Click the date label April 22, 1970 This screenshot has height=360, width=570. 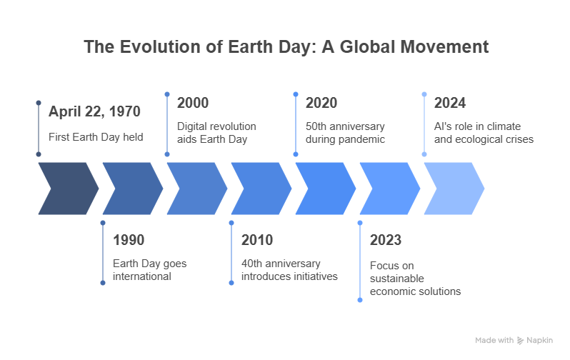click(x=94, y=111)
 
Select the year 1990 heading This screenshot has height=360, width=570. click(x=129, y=240)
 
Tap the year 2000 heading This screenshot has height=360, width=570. click(x=193, y=103)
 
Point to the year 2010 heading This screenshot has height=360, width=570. click(x=257, y=240)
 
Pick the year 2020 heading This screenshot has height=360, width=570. click(x=321, y=103)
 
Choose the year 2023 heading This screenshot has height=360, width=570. click(x=386, y=240)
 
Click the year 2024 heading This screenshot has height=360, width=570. click(x=450, y=103)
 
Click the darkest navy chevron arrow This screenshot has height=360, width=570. click(x=69, y=189)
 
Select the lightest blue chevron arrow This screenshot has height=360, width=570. click(x=454, y=189)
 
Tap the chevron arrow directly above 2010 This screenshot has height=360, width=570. click(x=261, y=189)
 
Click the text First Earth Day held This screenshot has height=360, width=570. click(x=96, y=137)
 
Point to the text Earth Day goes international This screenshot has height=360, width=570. click(x=150, y=270)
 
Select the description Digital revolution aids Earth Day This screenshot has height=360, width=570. click(x=216, y=133)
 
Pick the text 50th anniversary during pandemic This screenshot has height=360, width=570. click(x=345, y=133)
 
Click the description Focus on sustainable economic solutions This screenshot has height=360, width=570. click(x=416, y=279)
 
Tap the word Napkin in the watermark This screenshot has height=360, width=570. click(x=540, y=341)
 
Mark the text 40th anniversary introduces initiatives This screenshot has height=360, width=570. click(x=290, y=270)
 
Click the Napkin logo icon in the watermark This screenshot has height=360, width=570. click(x=520, y=341)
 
